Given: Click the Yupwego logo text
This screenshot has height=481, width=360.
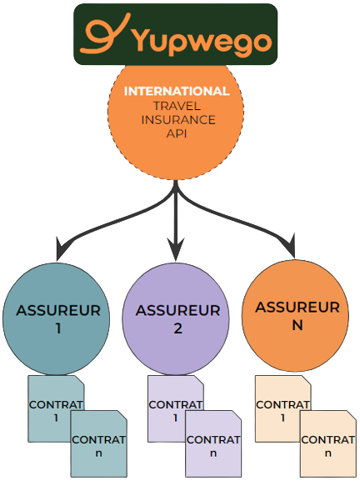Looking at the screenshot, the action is pos(203,41).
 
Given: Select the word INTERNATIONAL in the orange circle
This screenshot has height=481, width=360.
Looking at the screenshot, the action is pos(177,91).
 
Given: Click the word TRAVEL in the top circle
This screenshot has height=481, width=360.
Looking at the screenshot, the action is pos(177,106).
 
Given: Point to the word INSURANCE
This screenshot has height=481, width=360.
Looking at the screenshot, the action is pos(178,120).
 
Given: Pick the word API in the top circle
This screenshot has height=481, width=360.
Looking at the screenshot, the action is pos(177,133).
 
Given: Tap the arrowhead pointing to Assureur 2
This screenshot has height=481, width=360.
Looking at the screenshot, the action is pos(176,249).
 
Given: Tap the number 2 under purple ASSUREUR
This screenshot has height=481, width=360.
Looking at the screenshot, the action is pos(177,328).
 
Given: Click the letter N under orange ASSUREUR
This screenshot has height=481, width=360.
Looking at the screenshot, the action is pos(297,325).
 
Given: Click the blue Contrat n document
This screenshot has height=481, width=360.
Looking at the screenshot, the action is pos(98,443).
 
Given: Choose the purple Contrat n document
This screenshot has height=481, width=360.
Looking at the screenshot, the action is pos(213,443).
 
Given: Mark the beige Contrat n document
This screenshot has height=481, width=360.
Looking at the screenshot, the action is pos(328,443).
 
